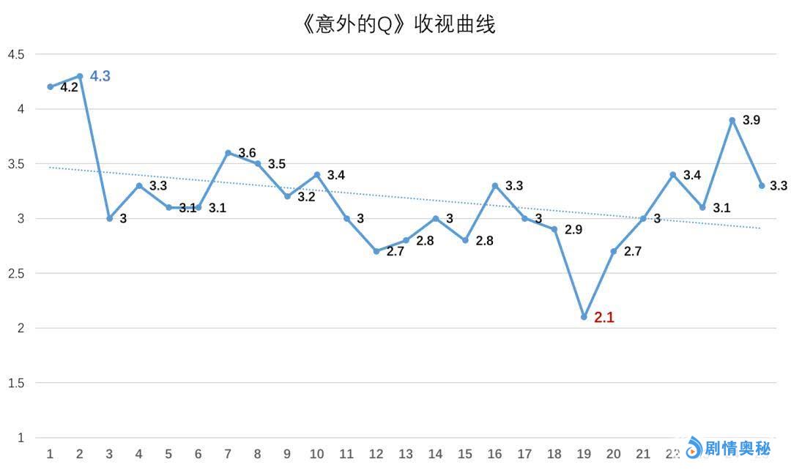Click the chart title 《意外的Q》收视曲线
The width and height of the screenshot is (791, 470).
point(398,25)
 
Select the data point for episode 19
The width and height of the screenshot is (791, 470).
point(584,317)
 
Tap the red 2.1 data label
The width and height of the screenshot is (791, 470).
point(604,318)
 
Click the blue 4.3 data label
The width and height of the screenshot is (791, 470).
point(100,76)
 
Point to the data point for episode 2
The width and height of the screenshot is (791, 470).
point(80,76)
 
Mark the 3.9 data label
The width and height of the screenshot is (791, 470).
point(751,120)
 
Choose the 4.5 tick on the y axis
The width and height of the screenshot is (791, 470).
point(16,54)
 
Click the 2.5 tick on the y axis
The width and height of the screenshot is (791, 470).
point(16,273)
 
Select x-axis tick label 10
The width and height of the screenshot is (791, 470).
point(316,455)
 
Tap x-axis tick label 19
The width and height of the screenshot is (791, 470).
point(584,455)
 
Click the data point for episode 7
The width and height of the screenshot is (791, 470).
point(228,153)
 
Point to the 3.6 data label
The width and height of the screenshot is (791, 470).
point(248,153)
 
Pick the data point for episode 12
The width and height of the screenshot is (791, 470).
point(376,251)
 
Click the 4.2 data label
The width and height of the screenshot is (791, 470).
point(69,87)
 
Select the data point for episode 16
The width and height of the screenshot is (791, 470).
point(495,186)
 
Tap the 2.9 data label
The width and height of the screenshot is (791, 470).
point(573,230)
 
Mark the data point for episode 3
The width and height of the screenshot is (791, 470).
point(110,218)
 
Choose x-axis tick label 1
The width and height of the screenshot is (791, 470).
point(51,455)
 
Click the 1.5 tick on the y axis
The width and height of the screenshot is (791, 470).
point(16,383)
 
